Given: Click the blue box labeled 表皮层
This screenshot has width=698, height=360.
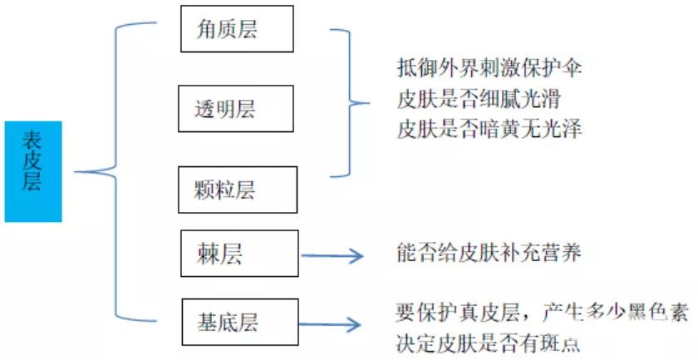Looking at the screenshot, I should (x=33, y=170).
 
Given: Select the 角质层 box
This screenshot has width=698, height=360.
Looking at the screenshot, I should (x=238, y=29).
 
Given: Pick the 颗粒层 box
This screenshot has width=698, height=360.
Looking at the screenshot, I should (x=238, y=190).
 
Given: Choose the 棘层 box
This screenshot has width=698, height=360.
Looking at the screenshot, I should (x=239, y=254).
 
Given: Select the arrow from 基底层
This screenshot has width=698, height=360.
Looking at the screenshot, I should (x=333, y=325).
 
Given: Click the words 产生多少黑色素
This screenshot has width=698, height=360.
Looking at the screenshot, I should (x=615, y=313).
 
